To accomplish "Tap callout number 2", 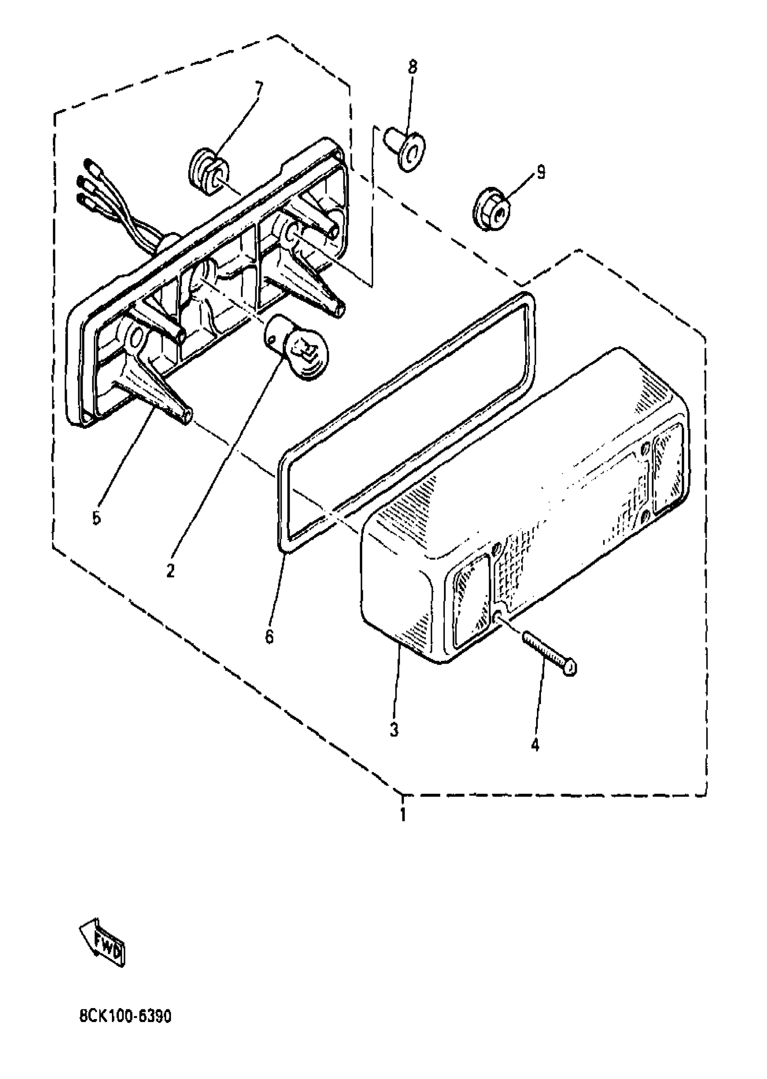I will [x=171, y=571].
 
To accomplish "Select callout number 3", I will [x=394, y=730].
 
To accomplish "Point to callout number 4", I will [x=535, y=745].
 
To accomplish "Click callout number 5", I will [x=97, y=518].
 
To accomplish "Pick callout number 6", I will [x=269, y=637].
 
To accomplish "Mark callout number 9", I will [x=541, y=173].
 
